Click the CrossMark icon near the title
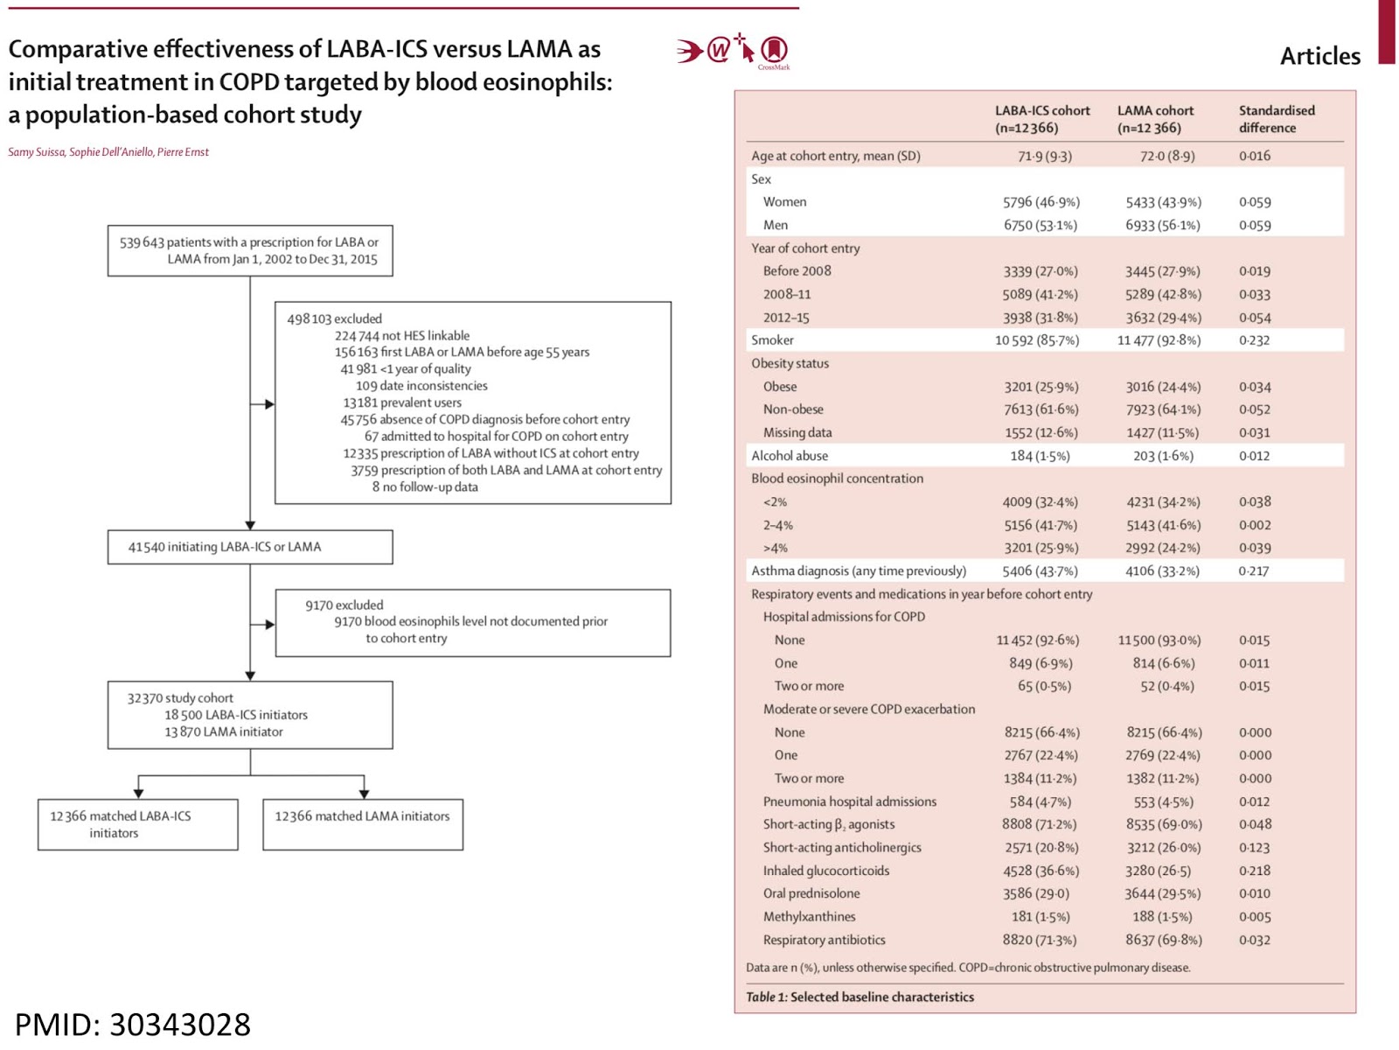[774, 51]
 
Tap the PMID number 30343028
[179, 1024]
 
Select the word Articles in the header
[1319, 56]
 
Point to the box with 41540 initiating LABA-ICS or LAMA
[250, 547]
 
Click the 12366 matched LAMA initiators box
[363, 823]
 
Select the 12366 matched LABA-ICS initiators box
[137, 823]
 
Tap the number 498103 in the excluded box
[310, 318]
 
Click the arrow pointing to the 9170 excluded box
[263, 624]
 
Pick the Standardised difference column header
[1276, 119]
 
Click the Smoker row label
[772, 339]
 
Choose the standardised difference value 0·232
[1254, 340]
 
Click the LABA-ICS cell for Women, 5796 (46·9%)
[1041, 202]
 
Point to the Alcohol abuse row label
[789, 455]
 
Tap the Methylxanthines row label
[809, 916]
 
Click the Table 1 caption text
[860, 997]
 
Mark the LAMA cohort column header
[1155, 119]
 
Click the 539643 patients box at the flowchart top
[250, 250]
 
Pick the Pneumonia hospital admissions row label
[849, 801]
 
